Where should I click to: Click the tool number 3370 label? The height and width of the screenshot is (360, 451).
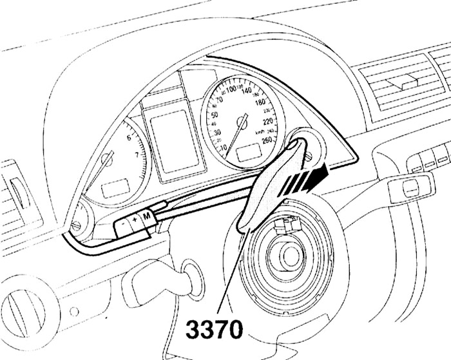point(215,331)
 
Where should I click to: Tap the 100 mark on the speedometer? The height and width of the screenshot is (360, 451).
point(229,89)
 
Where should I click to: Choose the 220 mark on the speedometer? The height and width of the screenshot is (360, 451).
point(269,121)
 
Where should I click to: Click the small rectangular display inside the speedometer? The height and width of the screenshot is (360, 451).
point(248,153)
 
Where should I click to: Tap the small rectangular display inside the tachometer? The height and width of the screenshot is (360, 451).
point(115,189)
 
